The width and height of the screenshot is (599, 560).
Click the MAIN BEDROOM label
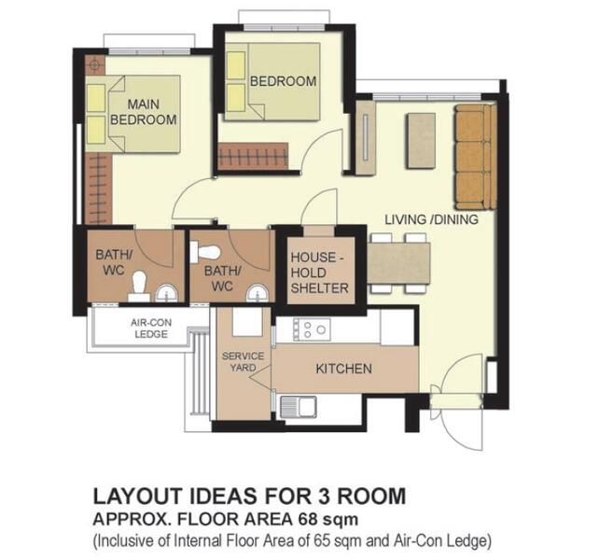click(x=144, y=112)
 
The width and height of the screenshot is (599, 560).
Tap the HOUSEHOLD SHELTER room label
click(x=320, y=273)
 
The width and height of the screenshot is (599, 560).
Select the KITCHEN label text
click(x=343, y=369)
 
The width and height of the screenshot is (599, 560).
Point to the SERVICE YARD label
click(x=243, y=361)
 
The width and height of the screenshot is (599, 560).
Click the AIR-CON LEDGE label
click(x=151, y=329)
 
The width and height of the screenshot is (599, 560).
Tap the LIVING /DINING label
click(x=431, y=219)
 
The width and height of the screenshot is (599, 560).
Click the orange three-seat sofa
click(x=476, y=157)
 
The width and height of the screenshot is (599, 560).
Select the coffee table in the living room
click(x=421, y=141)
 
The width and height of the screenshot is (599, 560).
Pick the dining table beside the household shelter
click(x=398, y=263)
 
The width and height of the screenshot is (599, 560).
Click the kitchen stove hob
click(x=312, y=329)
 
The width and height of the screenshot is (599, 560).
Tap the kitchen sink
click(x=299, y=407)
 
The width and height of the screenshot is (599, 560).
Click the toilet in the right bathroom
click(x=205, y=252)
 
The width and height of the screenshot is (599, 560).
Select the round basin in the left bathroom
click(x=167, y=293)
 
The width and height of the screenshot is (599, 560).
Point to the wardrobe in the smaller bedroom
click(x=253, y=157)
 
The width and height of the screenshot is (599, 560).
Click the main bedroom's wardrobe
click(x=99, y=189)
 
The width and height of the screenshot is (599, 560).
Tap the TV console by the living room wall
click(x=366, y=137)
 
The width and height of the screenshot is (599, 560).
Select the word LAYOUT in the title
click(x=141, y=496)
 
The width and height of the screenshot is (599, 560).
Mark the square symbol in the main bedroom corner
click(x=94, y=65)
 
